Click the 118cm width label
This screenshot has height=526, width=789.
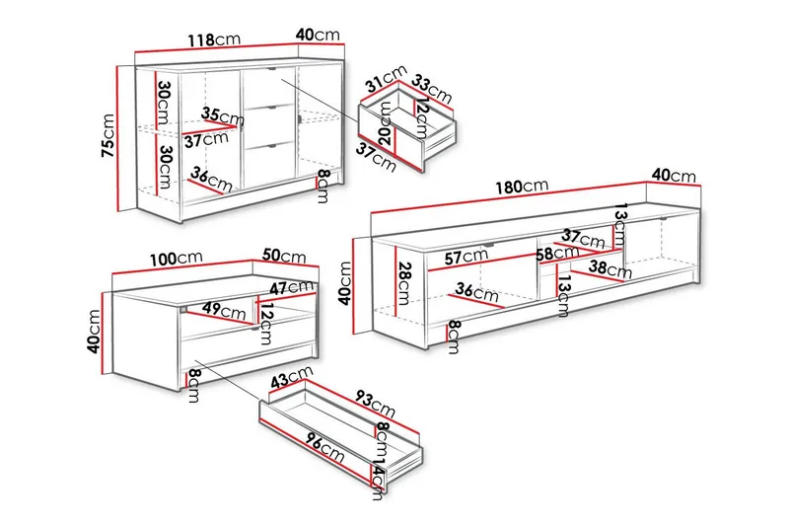click(214, 39)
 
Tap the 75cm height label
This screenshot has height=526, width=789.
click(108, 135)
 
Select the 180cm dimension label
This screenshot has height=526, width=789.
click(522, 187)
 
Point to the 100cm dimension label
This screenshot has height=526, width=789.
click(177, 259)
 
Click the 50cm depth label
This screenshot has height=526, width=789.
click(284, 256)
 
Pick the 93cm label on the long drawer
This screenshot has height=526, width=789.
click(375, 403)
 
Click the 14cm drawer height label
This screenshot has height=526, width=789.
click(379, 479)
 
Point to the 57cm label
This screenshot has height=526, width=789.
click(466, 257)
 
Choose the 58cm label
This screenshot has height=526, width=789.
click(557, 253)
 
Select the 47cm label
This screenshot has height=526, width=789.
click(291, 288)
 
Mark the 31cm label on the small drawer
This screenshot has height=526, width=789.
click(386, 79)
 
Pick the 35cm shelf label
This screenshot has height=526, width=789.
click(223, 116)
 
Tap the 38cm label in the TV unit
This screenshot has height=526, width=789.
click(610, 269)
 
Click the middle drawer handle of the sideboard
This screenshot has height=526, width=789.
click(274, 108)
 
